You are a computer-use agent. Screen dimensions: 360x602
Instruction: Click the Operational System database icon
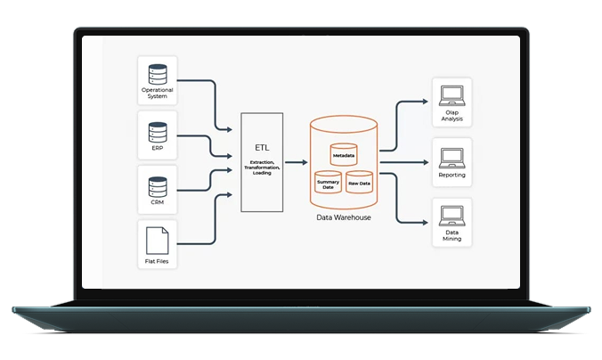[x=157, y=72]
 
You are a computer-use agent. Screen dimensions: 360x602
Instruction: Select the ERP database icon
[x=157, y=131]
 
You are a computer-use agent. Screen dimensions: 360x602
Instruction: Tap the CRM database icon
[x=157, y=187]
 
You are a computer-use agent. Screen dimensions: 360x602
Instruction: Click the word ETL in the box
[x=262, y=147]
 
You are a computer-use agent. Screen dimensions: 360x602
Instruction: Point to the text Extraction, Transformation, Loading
[x=262, y=168]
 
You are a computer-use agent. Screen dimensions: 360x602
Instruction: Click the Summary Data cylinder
[x=329, y=184]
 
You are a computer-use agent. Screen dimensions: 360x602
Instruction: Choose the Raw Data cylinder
[x=359, y=182]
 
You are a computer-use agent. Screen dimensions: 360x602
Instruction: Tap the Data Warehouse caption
[x=344, y=217]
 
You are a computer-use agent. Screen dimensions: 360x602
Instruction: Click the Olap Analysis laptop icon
[x=451, y=94]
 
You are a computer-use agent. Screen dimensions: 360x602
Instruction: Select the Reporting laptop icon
[x=451, y=158]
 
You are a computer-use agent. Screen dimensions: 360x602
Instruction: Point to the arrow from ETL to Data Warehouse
[x=296, y=163]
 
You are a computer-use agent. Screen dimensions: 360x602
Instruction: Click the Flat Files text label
[x=157, y=262]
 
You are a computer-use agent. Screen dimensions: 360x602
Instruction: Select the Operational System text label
[x=157, y=93]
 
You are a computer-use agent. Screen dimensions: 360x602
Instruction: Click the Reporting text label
[x=451, y=176]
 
